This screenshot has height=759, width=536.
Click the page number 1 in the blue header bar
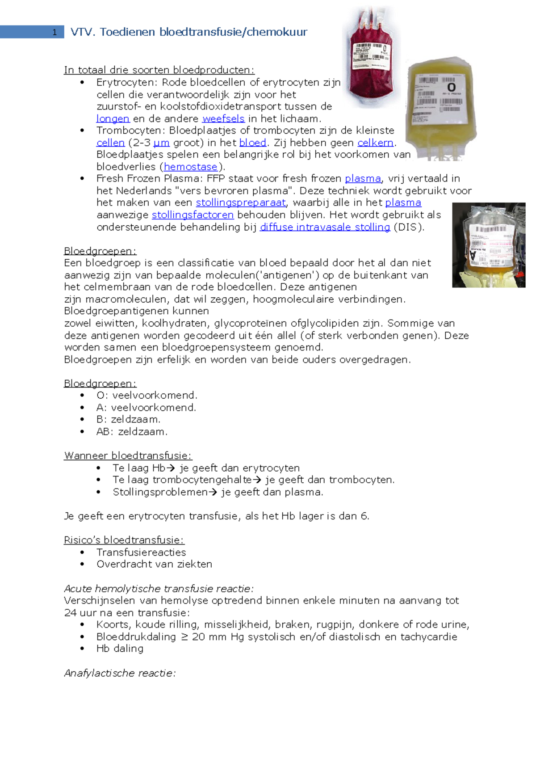(54, 32)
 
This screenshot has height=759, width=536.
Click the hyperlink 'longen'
(113, 119)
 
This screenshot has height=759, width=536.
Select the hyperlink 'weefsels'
(223, 119)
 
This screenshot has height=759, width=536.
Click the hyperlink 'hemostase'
(190, 167)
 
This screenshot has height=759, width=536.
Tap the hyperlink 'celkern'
(375, 143)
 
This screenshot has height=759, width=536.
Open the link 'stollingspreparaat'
(240, 202)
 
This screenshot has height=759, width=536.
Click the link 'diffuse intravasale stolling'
(325, 227)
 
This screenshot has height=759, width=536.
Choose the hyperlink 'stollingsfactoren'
(193, 215)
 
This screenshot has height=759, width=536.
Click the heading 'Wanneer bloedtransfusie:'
(128, 455)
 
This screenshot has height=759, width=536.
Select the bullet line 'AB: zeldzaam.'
(132, 432)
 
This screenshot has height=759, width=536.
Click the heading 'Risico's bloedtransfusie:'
(124, 540)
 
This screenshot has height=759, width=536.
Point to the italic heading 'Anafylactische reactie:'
(120, 673)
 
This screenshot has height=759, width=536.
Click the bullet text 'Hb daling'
(120, 649)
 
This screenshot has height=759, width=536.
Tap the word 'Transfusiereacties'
(141, 552)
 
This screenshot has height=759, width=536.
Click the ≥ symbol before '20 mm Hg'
(184, 637)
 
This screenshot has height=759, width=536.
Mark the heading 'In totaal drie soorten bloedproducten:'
(159, 70)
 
